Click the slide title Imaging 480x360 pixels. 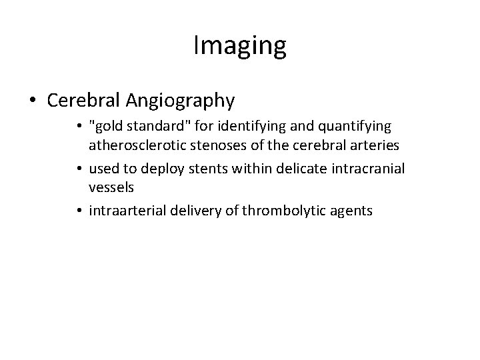click(x=239, y=46)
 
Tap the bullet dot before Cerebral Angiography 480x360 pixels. click(x=33, y=101)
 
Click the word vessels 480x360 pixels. click(x=112, y=188)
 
